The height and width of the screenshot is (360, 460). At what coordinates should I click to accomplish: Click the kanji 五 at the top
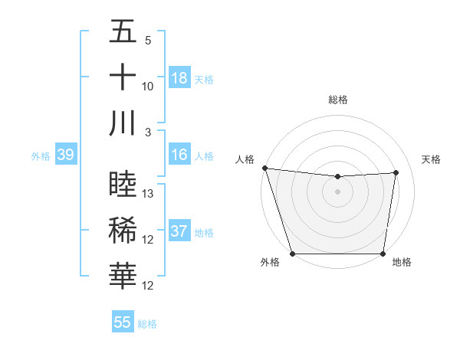tap(123, 33)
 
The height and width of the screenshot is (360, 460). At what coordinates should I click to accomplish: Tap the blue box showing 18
tap(179, 78)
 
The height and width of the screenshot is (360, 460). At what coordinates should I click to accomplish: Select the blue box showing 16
tap(179, 155)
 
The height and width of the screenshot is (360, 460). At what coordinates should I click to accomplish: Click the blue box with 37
tap(179, 231)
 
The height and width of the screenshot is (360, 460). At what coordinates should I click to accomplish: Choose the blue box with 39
tap(65, 155)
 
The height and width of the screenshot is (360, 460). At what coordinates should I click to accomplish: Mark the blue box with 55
tap(122, 322)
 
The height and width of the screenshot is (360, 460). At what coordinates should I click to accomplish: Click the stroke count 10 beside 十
tap(148, 87)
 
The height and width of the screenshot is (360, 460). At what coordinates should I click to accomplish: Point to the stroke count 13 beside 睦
tap(148, 194)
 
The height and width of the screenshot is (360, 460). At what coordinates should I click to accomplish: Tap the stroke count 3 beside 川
tap(149, 132)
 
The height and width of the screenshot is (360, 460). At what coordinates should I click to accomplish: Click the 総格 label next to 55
tap(147, 324)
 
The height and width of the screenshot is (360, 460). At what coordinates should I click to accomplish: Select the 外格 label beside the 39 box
tap(41, 156)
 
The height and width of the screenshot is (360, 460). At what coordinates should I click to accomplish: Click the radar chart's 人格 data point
tap(264, 168)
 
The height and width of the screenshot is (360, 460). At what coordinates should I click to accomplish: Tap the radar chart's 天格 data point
tap(396, 172)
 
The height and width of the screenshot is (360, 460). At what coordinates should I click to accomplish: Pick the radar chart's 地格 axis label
tap(402, 262)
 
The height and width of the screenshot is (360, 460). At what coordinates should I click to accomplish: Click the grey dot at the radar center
tap(337, 191)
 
